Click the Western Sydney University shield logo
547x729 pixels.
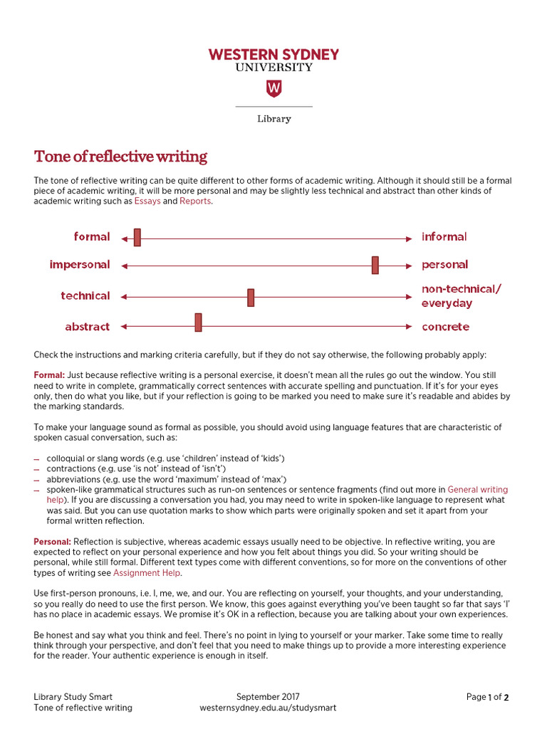click(273, 88)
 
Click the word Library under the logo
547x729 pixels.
click(273, 119)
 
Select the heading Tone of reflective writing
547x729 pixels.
click(121, 157)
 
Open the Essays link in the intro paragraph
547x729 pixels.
click(147, 201)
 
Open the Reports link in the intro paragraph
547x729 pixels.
click(195, 201)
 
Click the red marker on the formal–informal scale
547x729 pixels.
click(137, 238)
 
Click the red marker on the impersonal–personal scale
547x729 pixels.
click(375, 265)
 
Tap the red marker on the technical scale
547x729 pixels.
click(251, 297)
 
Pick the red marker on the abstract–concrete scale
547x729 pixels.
click(198, 322)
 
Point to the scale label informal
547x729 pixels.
click(444, 237)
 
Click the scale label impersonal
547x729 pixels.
click(80, 265)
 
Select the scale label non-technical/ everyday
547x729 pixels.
click(461, 296)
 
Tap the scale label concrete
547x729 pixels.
click(445, 327)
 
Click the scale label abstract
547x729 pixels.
click(87, 327)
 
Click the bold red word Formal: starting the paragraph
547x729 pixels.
click(49, 375)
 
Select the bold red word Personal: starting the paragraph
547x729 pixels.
click(52, 542)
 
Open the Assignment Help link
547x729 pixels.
click(147, 572)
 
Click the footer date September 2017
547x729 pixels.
click(268, 697)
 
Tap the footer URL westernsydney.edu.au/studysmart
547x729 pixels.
click(268, 708)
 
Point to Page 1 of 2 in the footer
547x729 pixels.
click(488, 697)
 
